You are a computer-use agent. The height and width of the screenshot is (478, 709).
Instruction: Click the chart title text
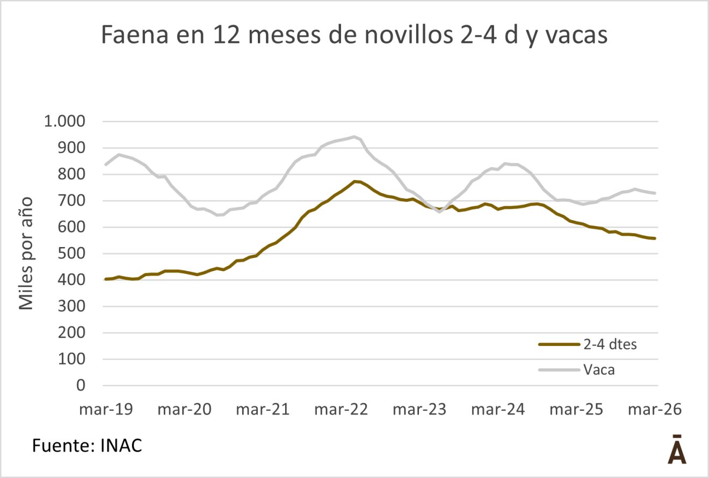354,36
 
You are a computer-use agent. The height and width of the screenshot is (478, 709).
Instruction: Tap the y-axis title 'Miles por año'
26,254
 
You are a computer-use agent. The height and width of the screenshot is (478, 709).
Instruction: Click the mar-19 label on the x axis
105,409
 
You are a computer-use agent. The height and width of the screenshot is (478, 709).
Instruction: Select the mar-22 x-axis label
341,409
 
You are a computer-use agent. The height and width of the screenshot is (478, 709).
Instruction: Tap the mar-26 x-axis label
655,409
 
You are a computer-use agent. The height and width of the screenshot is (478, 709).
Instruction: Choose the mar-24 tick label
498,409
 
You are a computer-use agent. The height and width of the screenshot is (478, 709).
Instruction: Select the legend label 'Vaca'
599,370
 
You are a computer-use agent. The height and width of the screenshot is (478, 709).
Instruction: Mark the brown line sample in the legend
559,345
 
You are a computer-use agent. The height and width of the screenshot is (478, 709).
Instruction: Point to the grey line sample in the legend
559,370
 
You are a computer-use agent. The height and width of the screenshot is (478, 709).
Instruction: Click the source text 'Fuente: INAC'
88,445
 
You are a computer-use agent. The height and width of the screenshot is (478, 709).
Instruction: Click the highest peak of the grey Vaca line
354,136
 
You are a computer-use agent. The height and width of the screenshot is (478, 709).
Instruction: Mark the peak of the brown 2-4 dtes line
354,181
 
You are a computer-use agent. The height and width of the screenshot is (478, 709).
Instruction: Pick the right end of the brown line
655,238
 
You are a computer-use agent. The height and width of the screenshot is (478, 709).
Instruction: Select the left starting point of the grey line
105,164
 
